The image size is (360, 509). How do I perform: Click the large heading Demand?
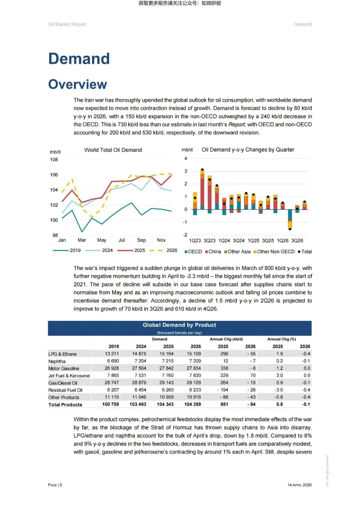[x=79, y=59]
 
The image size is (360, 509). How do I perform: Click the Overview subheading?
[x=78, y=84]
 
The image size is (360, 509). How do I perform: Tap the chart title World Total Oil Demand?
[x=113, y=150]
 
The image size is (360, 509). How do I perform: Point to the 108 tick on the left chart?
[x=54, y=160]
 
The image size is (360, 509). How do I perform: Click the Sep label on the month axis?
[x=141, y=240]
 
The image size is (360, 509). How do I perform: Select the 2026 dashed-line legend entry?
[x=163, y=250]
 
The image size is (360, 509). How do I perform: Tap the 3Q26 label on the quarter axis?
[x=297, y=241]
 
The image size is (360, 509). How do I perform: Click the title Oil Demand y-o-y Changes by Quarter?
[x=248, y=150]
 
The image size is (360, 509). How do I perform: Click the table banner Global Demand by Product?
[x=179, y=325]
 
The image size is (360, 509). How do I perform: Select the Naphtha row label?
[x=57, y=361]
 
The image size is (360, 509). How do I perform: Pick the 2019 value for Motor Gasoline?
[x=112, y=368]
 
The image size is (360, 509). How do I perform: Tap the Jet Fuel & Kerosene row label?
[x=69, y=376]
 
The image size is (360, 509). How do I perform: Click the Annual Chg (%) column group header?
[x=281, y=339]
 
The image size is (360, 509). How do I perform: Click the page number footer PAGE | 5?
[x=55, y=485]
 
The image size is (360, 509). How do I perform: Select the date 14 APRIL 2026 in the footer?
[x=299, y=485]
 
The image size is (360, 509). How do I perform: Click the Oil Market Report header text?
[x=67, y=24]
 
